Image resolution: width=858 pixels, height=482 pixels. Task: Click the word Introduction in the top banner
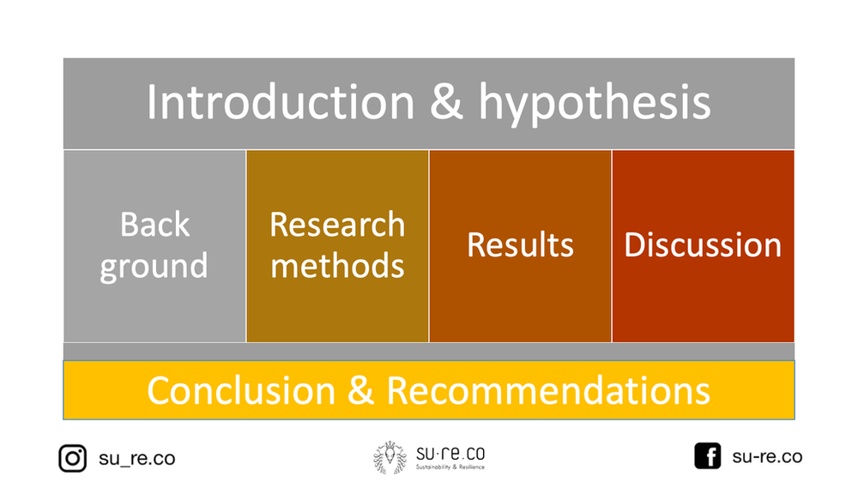(x=280, y=103)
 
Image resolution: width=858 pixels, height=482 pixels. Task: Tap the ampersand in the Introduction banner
(x=446, y=103)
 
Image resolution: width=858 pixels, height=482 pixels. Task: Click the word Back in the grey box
(x=154, y=225)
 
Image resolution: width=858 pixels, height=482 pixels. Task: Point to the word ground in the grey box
(x=154, y=266)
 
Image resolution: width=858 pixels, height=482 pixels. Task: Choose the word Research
(x=337, y=225)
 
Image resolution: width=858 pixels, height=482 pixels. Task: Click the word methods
(x=337, y=265)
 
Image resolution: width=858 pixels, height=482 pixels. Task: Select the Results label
(x=520, y=245)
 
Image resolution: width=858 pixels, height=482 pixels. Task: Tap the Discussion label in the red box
(x=703, y=245)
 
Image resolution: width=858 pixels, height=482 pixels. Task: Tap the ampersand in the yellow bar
(x=361, y=390)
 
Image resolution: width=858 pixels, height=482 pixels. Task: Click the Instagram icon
(x=73, y=458)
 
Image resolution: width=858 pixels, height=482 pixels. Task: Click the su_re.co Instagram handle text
(x=136, y=458)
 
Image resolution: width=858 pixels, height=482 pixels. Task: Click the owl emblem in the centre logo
(x=390, y=458)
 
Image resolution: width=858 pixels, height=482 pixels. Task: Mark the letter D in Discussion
(x=634, y=245)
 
